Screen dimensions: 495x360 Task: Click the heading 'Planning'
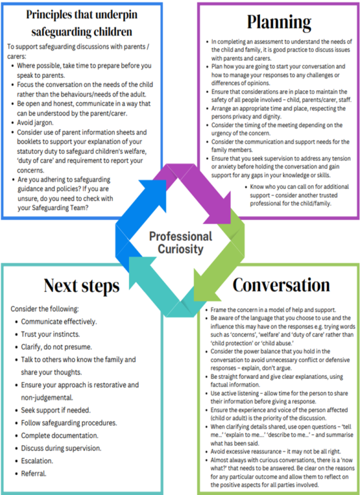click(279, 22)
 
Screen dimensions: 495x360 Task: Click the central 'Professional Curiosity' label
click(180, 242)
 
